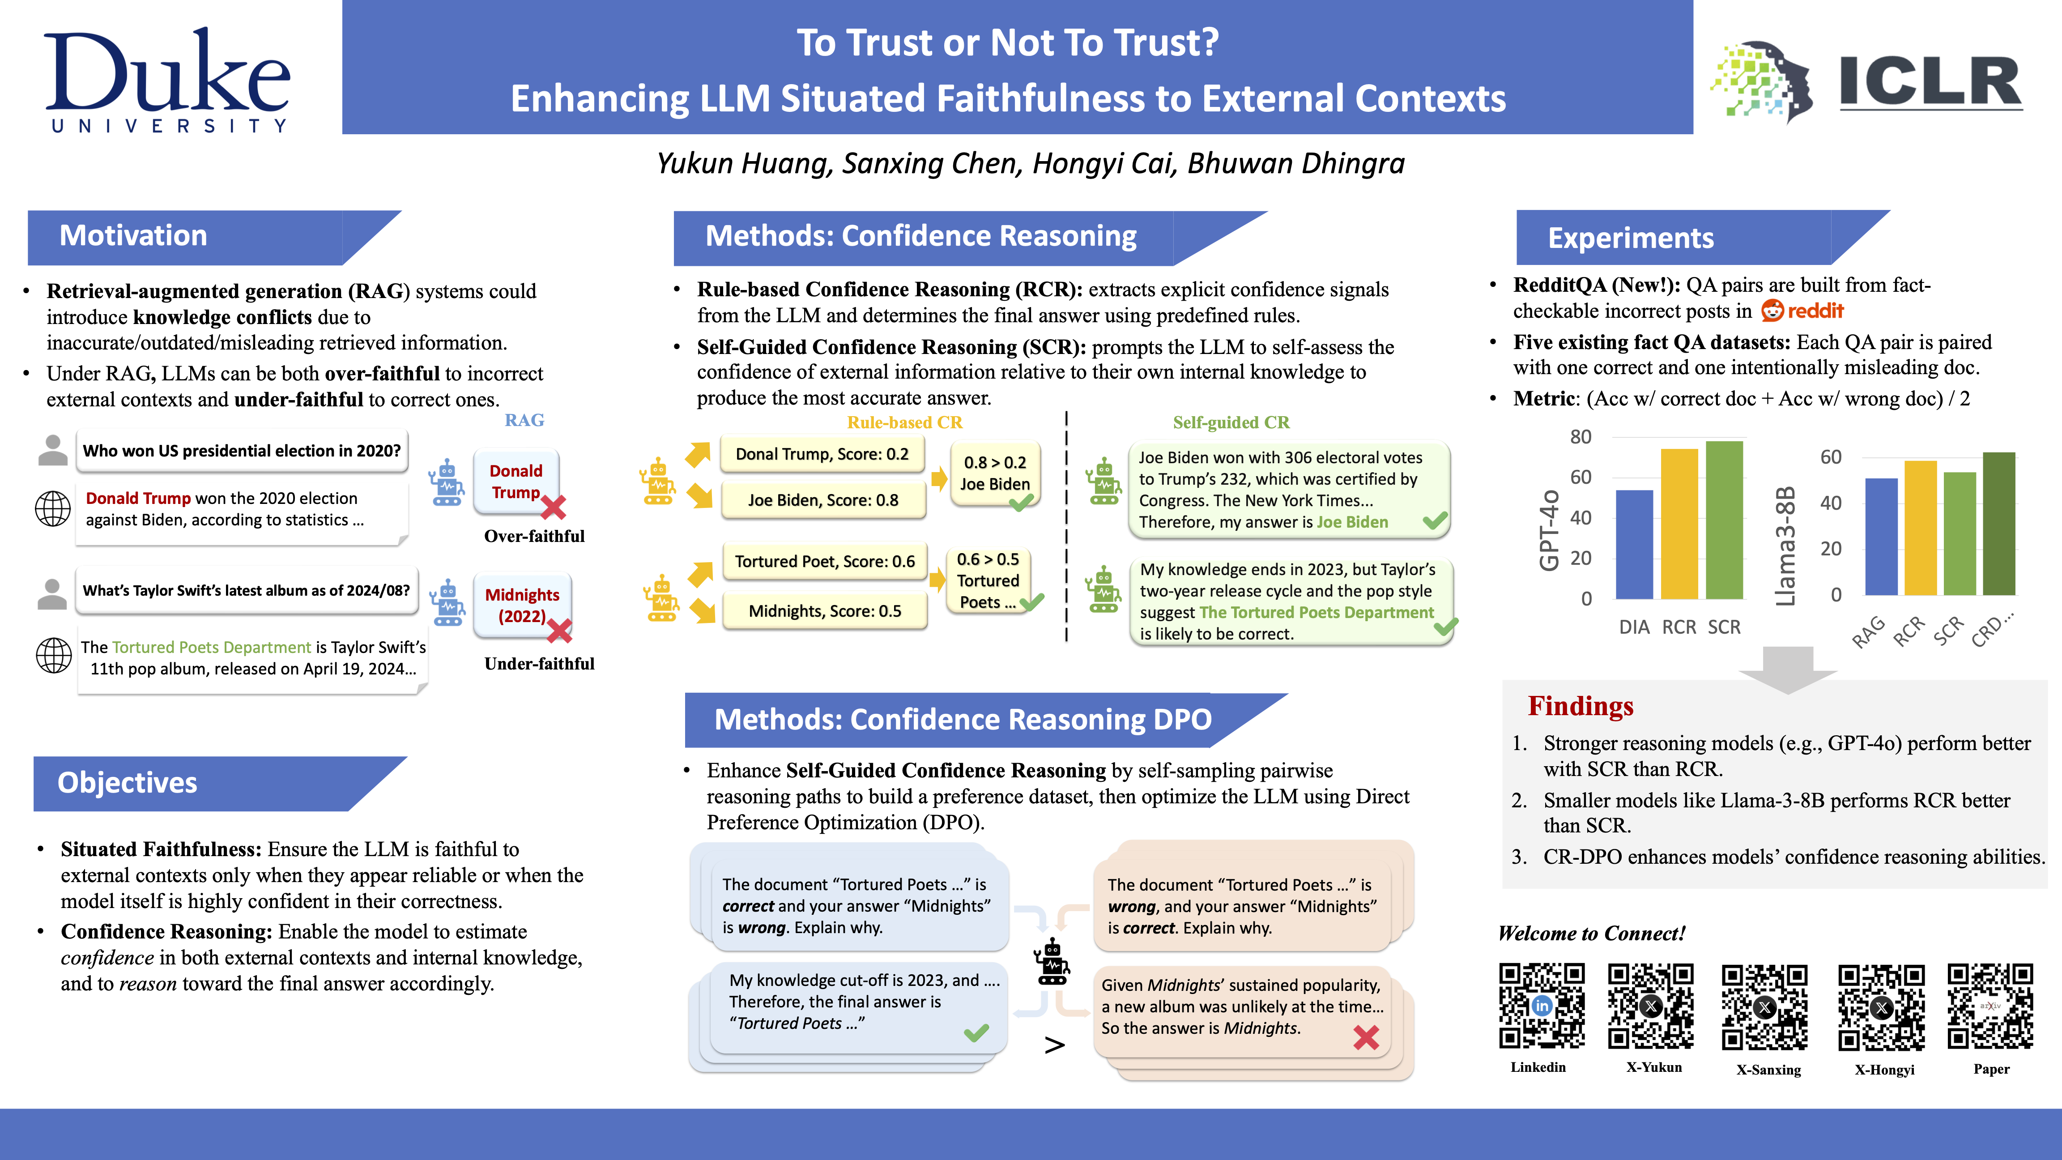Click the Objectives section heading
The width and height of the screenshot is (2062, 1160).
[127, 783]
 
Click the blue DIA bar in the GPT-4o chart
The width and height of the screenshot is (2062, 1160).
[1634, 544]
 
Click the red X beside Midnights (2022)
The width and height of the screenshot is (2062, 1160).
[559, 631]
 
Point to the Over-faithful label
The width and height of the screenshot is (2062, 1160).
[534, 537]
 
